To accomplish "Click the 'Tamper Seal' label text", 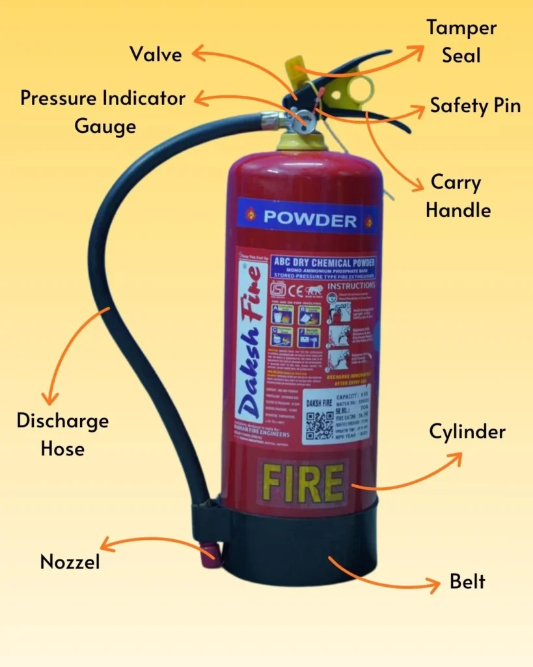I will (x=461, y=41).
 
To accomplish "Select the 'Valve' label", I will (x=156, y=53).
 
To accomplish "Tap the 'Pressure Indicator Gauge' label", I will (x=103, y=111).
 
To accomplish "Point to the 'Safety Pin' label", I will (x=475, y=106).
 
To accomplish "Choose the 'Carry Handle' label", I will (x=460, y=196).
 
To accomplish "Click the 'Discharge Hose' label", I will (x=62, y=434).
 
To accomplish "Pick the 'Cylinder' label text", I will (x=467, y=431).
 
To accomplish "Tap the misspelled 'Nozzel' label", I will (x=70, y=561).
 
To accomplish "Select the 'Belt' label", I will (x=467, y=581).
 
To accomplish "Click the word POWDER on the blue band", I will (x=310, y=219).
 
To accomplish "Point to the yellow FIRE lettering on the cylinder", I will (x=303, y=483).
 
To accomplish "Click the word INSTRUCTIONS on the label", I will (x=351, y=285).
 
